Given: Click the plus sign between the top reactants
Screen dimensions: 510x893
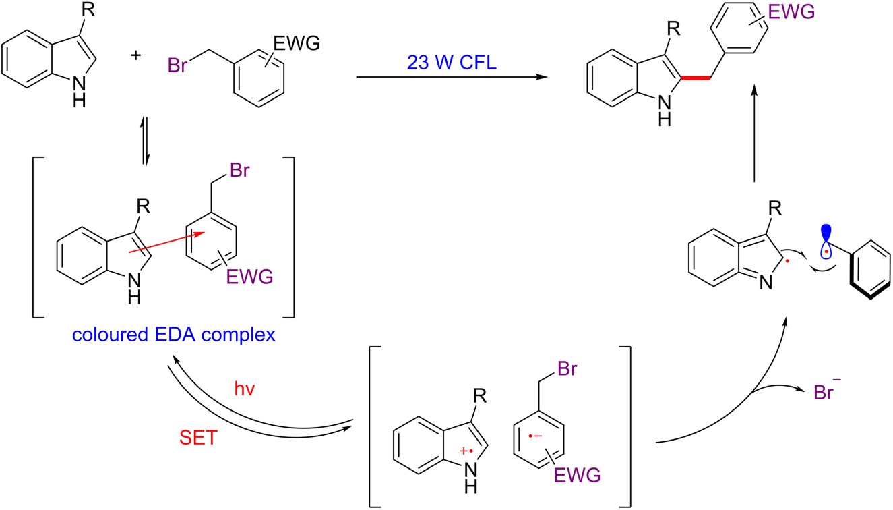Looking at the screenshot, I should (137, 55).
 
